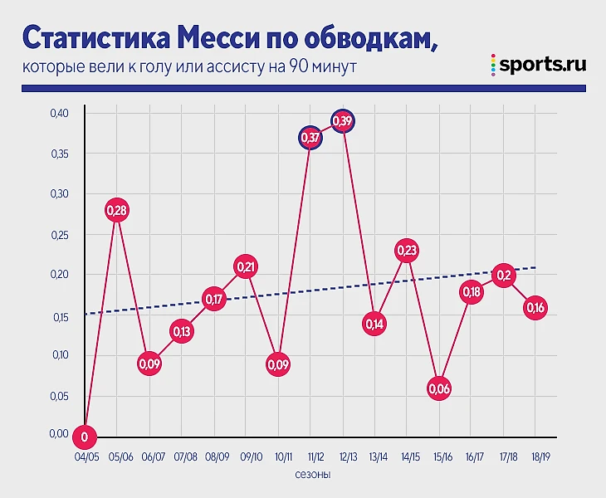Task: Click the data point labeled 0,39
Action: pos(343,121)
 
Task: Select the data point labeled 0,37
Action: pos(310,138)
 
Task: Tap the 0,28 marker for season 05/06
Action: pos(117,210)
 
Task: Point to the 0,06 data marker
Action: pos(439,388)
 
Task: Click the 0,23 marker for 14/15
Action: pos(407,251)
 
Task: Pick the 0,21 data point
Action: pos(246,266)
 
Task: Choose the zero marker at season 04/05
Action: pos(85,436)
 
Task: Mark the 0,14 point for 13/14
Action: pos(374,324)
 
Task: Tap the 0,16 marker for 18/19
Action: pos(535,308)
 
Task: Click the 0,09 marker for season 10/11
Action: pos(278,364)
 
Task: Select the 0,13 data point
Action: pos(181,331)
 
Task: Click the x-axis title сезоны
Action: pos(312,476)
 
